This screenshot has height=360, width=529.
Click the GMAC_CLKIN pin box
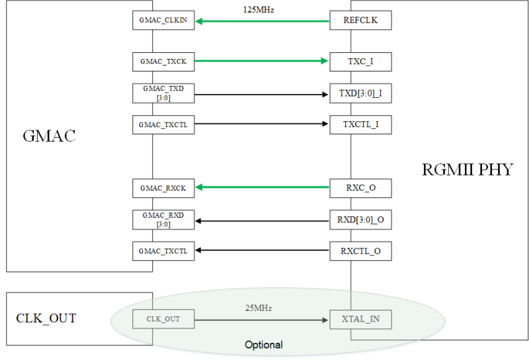pos(163,21)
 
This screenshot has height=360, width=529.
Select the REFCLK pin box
pos(360,21)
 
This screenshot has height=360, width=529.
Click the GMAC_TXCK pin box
pos(163,62)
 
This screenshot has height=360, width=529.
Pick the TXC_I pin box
pos(360,62)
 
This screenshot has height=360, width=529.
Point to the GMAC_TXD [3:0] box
pos(163,93)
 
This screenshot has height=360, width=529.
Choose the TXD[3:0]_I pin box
pos(360,93)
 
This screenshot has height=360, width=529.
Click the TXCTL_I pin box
pos(360,124)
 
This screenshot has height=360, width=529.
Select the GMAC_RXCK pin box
pos(163,188)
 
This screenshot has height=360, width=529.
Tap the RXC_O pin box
pos(360,188)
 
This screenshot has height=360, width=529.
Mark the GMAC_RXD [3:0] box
pos(163,220)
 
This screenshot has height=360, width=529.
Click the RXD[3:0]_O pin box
pos(360,220)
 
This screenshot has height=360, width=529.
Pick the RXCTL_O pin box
pos(360,251)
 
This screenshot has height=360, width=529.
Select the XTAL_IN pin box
pos(360,320)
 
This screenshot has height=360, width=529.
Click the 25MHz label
pos(259,308)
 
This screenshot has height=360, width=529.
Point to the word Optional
pos(263,345)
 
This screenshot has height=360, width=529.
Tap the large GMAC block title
pos(50,137)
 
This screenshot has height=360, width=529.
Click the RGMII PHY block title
pos(467,169)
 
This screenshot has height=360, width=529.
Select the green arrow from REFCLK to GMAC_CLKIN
pos(263,21)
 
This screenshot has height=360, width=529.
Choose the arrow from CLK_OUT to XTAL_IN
pos(263,320)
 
